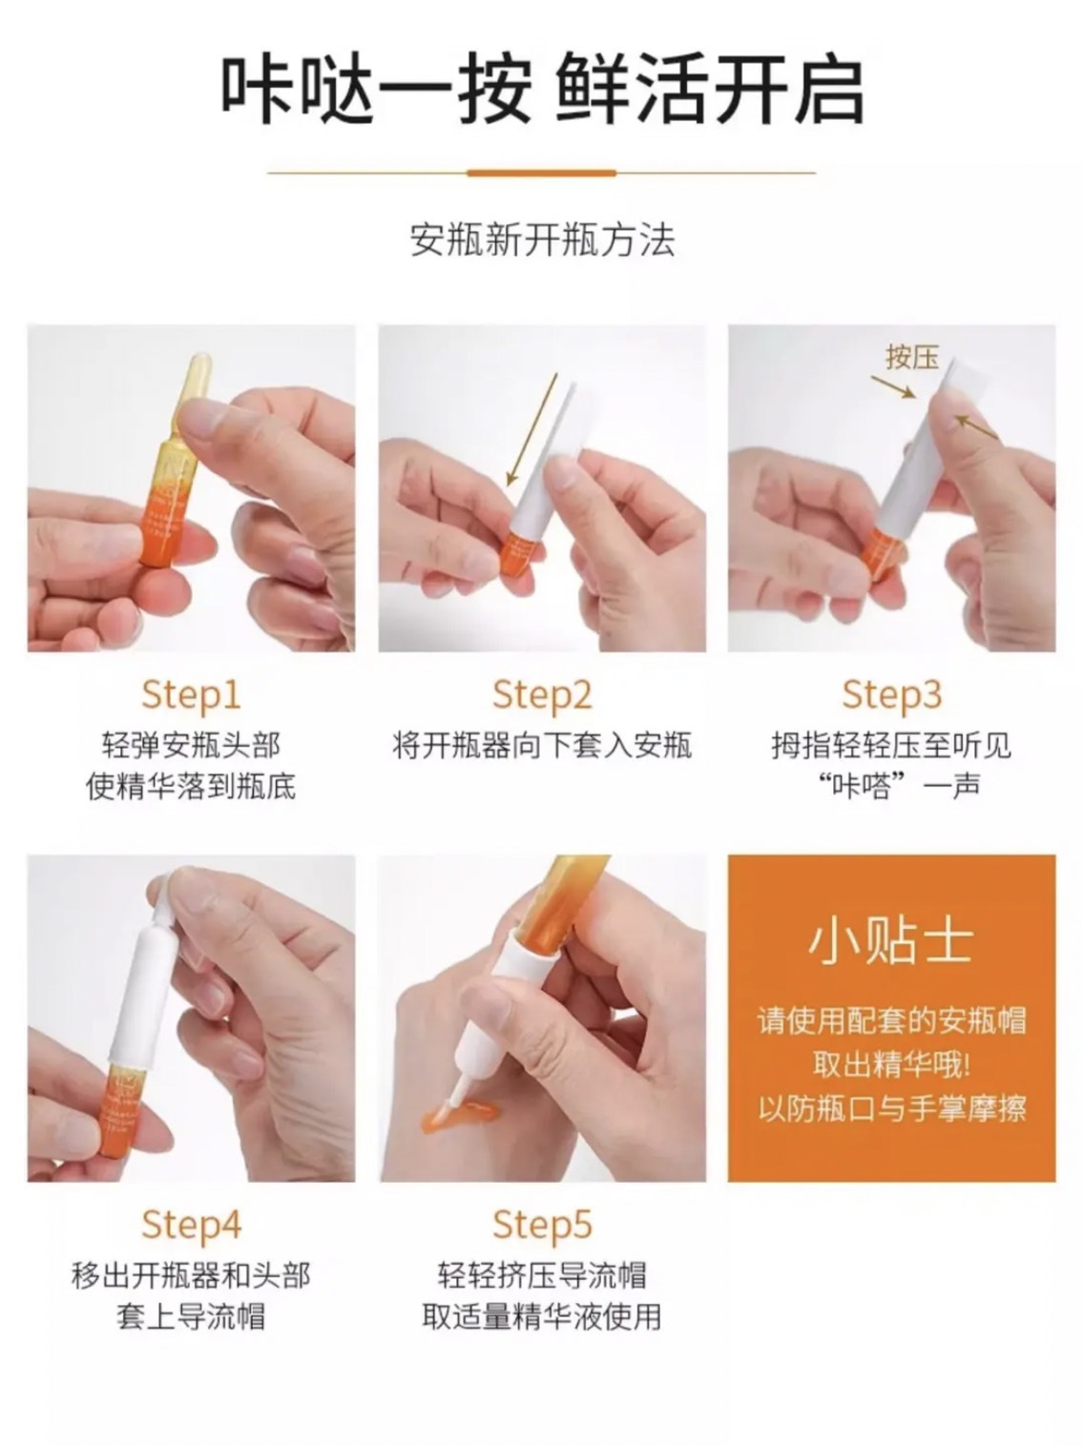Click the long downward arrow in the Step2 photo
pos(531,429)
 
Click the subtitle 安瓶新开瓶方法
pos(542,239)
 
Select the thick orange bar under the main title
pos(542,174)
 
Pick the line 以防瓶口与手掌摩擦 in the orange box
pos(892,1108)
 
